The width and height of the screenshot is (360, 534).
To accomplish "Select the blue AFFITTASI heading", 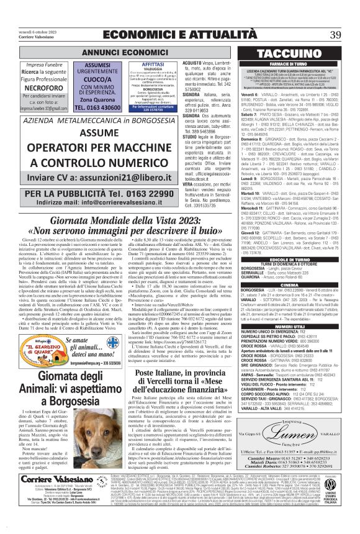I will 135,65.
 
